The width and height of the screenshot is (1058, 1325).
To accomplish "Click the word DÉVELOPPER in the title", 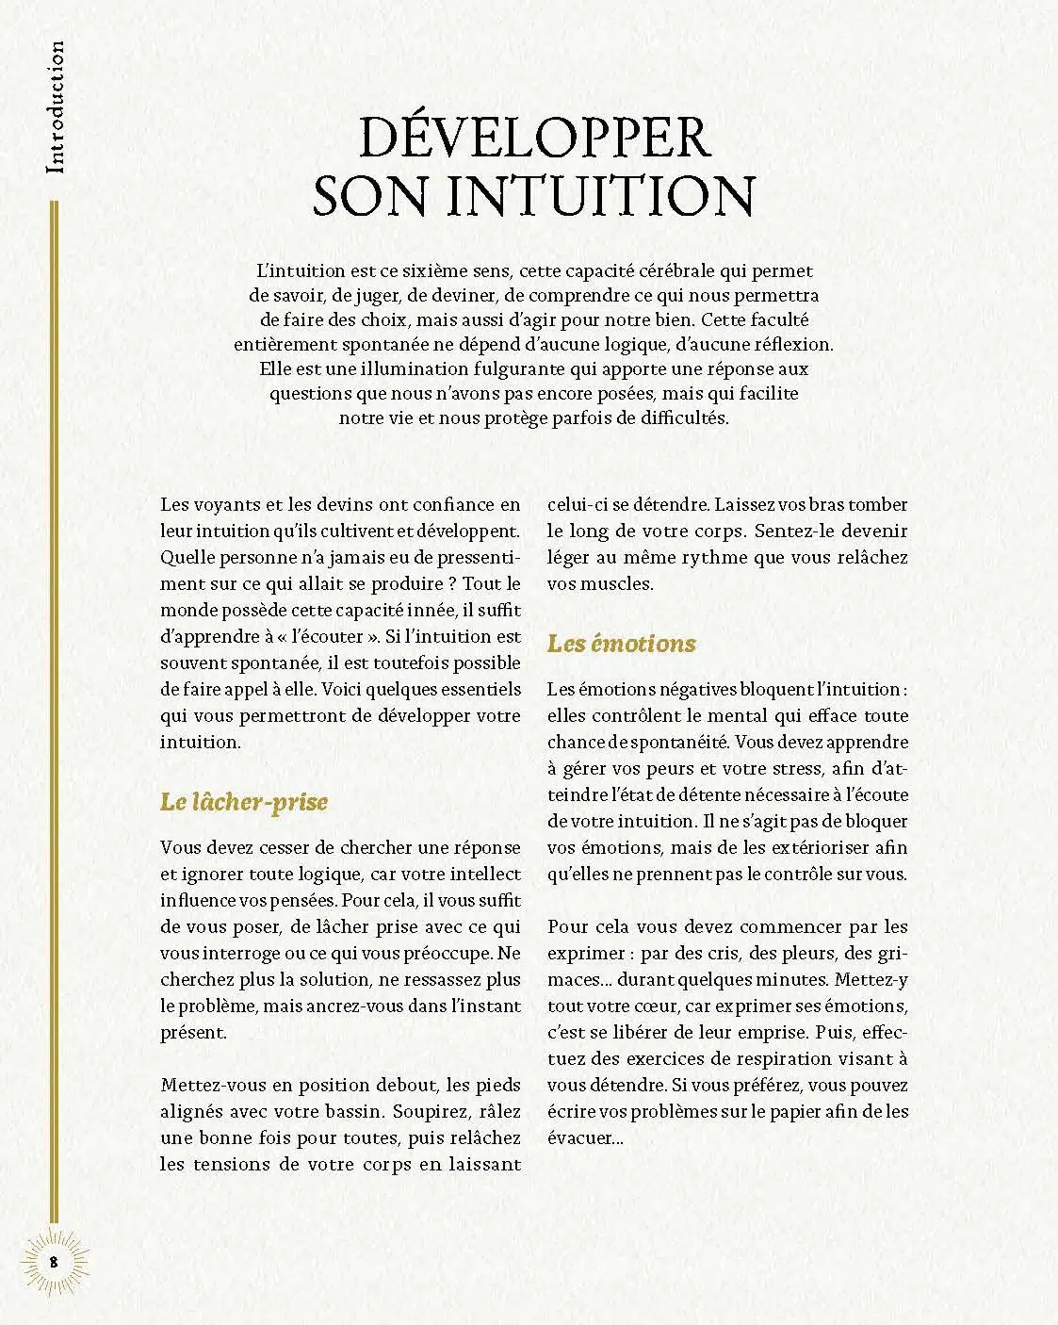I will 534,138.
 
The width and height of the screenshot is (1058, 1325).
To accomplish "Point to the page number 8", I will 54,1260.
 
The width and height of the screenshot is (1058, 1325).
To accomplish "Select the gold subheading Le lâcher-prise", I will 244,802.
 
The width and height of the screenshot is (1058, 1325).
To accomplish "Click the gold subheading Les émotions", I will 621,644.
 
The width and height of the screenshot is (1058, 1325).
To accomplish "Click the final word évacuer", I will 578,1138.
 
